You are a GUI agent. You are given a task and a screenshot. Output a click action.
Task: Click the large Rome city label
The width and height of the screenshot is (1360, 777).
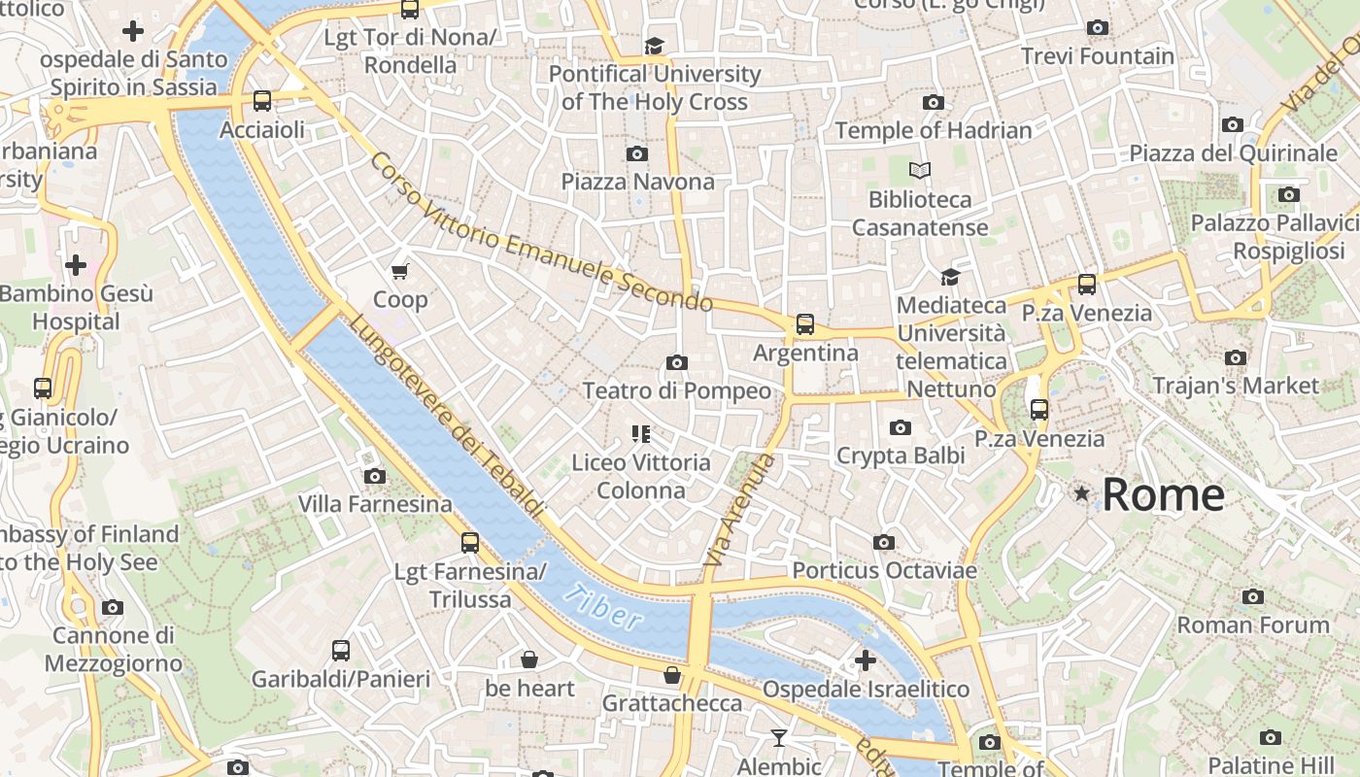(1163, 494)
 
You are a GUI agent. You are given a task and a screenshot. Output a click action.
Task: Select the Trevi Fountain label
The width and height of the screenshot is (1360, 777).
(1098, 55)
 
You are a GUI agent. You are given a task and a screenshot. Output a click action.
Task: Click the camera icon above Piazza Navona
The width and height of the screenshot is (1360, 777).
(637, 153)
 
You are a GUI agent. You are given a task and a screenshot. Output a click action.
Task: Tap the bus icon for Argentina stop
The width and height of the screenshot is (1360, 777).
(805, 324)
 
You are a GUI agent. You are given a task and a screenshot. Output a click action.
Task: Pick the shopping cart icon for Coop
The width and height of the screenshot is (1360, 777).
(400, 271)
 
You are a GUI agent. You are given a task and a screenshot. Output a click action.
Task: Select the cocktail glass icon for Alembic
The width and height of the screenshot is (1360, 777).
(778, 738)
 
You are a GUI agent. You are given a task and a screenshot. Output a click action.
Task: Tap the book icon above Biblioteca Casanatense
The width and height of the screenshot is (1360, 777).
(920, 171)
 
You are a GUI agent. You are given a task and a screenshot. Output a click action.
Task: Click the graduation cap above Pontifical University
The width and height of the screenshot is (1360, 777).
(654, 46)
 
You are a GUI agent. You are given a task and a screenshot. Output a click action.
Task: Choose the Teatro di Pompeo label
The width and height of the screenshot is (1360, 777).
(676, 390)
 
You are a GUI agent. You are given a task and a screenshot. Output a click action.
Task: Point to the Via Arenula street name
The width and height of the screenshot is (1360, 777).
(741, 510)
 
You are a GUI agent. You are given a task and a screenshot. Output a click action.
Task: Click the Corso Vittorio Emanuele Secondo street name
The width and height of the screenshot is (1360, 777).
(541, 233)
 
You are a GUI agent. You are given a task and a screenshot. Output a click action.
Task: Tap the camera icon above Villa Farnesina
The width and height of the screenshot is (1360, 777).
(375, 476)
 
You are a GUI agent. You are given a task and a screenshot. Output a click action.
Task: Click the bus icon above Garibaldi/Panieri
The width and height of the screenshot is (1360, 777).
(340, 651)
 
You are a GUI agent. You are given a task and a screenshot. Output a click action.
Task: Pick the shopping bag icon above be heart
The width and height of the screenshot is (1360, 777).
(529, 660)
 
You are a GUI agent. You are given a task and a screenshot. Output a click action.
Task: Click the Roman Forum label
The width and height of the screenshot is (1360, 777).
(1253, 625)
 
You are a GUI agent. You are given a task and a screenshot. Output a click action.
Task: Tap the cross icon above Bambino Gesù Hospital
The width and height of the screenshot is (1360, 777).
(75, 264)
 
